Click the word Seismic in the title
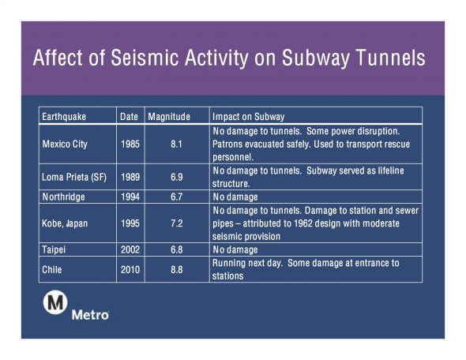pos(145,58)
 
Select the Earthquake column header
pos(64,116)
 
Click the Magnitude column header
pos(169,116)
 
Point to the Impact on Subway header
pos(249,116)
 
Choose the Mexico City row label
pos(65,144)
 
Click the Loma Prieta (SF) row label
pos(74,178)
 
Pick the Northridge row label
pos(64,197)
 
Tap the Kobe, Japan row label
pos(65,223)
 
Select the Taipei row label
pos(54,249)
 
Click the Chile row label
pos(51,270)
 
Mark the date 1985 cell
pos(130,144)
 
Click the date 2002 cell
pos(130,249)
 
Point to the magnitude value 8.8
pos(177,270)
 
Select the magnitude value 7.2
pos(177,223)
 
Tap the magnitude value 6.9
pos(177,178)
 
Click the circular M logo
pos(55,302)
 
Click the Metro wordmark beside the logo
pos(90,315)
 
